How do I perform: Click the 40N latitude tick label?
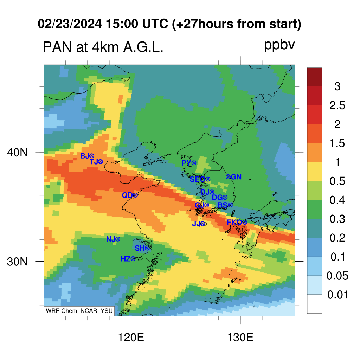click(17, 152)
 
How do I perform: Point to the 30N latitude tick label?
click(17, 262)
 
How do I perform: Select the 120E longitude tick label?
click(131, 337)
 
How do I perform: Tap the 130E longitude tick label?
click(240, 337)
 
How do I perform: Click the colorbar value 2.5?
click(337, 105)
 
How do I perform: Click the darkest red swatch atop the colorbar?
click(315, 77)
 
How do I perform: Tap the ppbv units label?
click(279, 45)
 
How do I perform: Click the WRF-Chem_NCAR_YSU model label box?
click(79, 311)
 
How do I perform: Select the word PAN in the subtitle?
click(57, 47)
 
